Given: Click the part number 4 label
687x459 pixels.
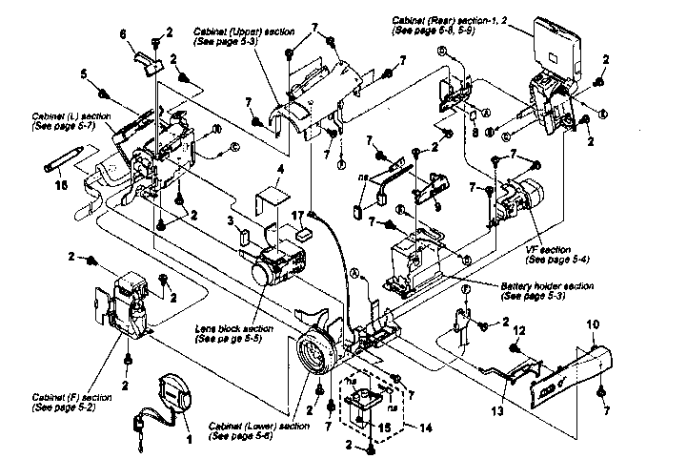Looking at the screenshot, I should click(279, 173).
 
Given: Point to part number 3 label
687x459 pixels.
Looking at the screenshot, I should click(231, 221).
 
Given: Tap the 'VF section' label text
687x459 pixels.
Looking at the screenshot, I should click(550, 255).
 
